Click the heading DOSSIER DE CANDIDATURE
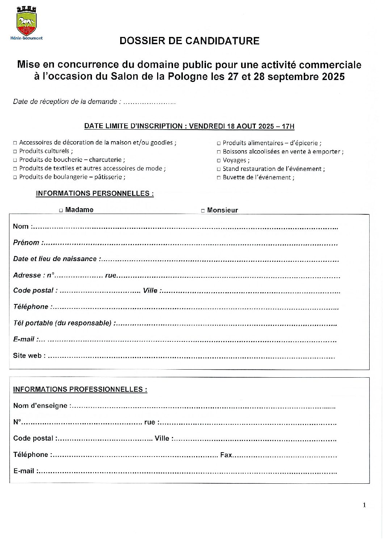point(189,41)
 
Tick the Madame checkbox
point(61,210)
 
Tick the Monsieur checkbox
point(203,210)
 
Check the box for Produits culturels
point(15,151)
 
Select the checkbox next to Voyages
point(219,160)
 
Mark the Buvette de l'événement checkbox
point(219,178)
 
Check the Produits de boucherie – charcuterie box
point(15,160)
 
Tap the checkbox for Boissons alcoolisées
point(219,152)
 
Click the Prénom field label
point(26,243)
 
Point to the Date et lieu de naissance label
point(55,259)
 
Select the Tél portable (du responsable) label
point(62,323)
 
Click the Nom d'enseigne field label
point(40,406)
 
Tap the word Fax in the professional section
point(226,455)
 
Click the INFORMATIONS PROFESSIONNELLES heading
point(80,390)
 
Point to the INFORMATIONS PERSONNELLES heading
point(94,193)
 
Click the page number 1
point(364,505)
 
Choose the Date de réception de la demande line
point(94,102)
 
